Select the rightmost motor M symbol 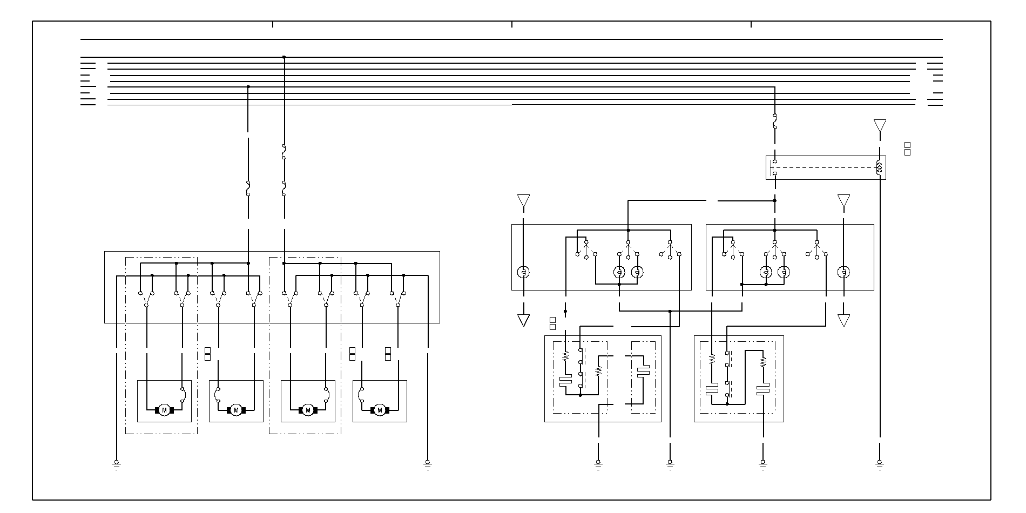pos(380,410)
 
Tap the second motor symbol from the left pos(236,410)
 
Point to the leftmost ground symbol pos(116,463)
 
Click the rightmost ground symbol pos(880,463)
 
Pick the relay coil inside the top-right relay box pos(879,167)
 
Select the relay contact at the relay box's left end pos(774,167)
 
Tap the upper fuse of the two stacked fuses pos(284,152)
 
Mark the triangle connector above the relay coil pos(880,126)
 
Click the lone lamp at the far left pos(523,272)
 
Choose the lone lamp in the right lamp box pos(843,272)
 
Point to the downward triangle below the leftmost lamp pos(523,320)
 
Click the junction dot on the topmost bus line pos(284,57)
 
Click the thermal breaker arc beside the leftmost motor pos(184,395)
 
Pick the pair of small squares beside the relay pos(907,148)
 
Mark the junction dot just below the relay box pos(775,200)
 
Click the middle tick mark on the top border pos(512,24)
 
